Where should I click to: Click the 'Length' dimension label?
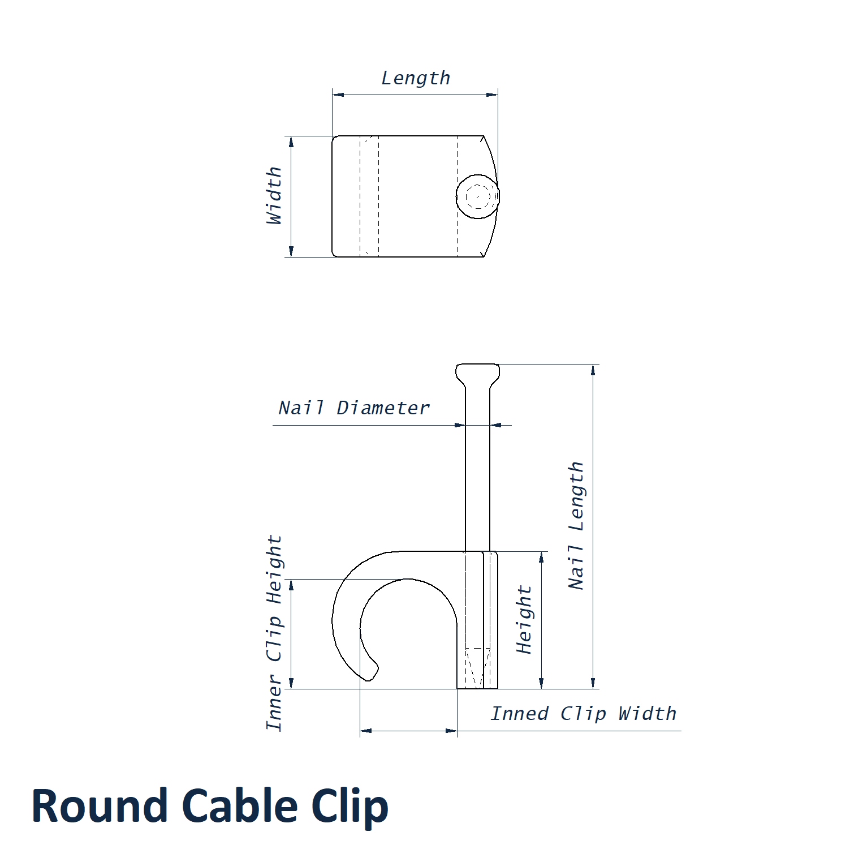pos(416,78)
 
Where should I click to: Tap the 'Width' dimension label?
pos(274,195)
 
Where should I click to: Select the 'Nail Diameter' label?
pos(354,408)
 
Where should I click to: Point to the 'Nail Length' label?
pos(576,526)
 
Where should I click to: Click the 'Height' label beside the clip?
pos(524,620)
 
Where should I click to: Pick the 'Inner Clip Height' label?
pos(274,632)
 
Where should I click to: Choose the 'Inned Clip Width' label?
pos(583,714)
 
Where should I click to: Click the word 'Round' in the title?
pos(100,806)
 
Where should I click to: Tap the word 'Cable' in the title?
pos(240,806)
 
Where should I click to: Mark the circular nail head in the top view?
pos(478,196)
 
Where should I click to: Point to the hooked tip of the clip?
pos(371,674)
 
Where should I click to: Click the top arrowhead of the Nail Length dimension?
pos(593,370)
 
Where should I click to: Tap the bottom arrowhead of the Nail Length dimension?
pos(593,683)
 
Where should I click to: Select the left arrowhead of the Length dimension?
pos(338,95)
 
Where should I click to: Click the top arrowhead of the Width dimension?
pos(291,141)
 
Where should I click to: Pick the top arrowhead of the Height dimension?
pos(541,557)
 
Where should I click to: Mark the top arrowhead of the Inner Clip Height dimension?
pos(292,585)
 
